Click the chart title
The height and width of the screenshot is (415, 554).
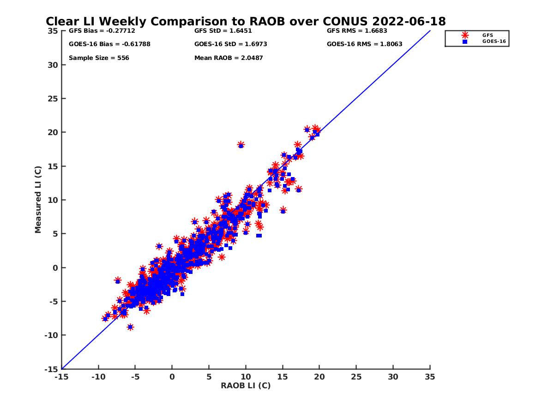(246, 22)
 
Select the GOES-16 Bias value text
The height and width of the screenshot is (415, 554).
(109, 44)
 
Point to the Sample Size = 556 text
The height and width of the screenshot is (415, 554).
(99, 58)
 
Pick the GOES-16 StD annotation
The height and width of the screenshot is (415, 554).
(231, 44)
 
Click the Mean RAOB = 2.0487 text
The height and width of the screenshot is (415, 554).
(229, 58)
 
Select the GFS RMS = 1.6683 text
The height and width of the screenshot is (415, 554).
(357, 31)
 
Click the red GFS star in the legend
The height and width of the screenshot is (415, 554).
(465, 35)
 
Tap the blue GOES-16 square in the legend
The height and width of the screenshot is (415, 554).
(465, 41)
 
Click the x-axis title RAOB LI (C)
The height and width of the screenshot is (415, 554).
(246, 385)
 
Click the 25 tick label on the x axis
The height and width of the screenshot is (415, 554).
(356, 377)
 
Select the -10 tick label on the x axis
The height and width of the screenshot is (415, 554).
(98, 377)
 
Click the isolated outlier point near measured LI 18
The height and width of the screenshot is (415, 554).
(241, 145)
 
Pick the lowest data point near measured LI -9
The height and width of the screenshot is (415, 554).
(130, 327)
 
